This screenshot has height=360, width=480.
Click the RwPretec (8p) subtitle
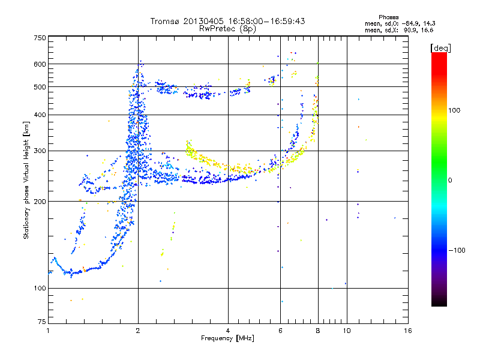point(228,28)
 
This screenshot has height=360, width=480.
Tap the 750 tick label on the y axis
point(40,38)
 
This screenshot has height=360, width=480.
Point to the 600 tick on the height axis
point(40,64)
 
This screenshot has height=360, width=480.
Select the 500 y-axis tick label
point(40,87)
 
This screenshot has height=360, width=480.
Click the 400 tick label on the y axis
point(40,115)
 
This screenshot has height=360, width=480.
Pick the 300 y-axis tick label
point(40,151)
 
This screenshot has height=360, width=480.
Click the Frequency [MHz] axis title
point(227,338)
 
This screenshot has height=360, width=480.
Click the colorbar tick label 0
point(451,180)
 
